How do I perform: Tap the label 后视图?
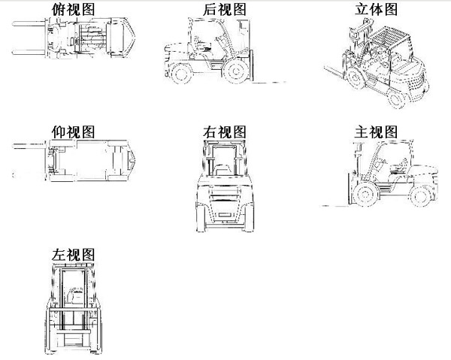tap(225, 10)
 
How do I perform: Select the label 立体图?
tap(375, 9)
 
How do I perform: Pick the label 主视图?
tap(375, 133)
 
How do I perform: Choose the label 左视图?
tap(74, 253)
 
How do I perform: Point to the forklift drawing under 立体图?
tap(380, 64)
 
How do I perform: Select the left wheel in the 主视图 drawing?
tap(363, 195)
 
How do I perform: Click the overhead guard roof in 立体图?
tap(389, 34)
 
